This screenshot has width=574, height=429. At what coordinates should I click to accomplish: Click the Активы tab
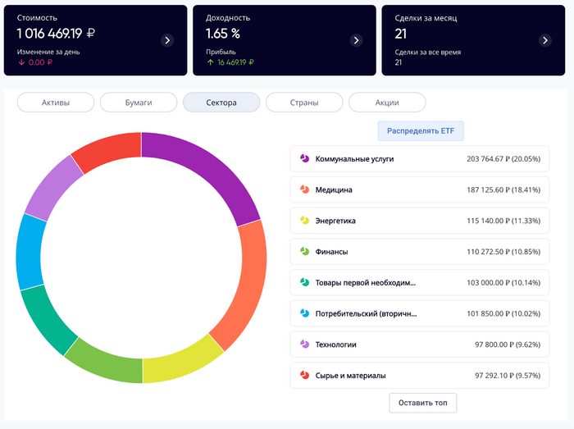click(56, 103)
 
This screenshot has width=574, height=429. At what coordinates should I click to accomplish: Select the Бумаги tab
click(139, 103)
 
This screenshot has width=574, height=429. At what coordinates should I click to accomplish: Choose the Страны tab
click(304, 103)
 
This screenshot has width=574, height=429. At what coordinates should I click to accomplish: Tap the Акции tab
click(387, 103)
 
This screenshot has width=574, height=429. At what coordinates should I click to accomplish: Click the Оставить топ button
click(422, 403)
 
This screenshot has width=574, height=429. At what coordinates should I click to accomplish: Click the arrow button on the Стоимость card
click(167, 40)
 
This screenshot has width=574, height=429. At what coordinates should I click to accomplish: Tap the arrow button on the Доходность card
click(356, 40)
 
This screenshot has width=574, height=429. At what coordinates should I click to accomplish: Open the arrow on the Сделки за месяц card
click(545, 40)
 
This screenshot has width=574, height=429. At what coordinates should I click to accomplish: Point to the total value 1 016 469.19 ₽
click(56, 34)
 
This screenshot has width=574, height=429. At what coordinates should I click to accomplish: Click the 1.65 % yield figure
click(224, 34)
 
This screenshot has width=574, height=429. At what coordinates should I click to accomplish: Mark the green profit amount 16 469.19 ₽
click(235, 62)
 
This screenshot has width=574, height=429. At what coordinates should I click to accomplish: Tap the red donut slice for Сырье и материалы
click(105, 151)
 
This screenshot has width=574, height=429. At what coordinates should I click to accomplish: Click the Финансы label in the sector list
click(331, 252)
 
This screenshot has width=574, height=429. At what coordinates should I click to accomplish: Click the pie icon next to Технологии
click(304, 345)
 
